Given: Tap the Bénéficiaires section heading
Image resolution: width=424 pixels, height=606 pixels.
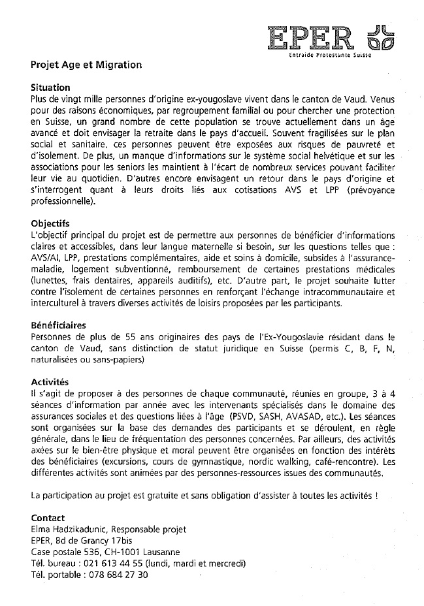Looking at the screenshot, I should (x=58, y=325).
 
